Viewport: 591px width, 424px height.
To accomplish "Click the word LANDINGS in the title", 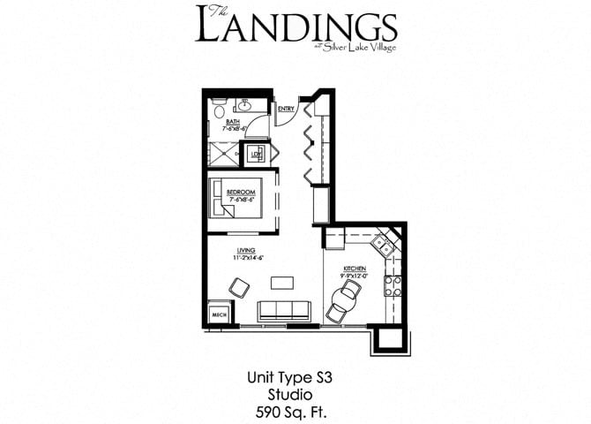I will (295, 27).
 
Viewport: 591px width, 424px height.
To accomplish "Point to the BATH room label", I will (233, 123).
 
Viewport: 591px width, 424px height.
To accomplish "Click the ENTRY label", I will (285, 110).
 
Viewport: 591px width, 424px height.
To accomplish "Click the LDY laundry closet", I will (257, 153).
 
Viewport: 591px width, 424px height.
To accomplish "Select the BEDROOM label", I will (240, 193).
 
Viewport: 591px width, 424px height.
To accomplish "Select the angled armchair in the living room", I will (238, 287).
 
